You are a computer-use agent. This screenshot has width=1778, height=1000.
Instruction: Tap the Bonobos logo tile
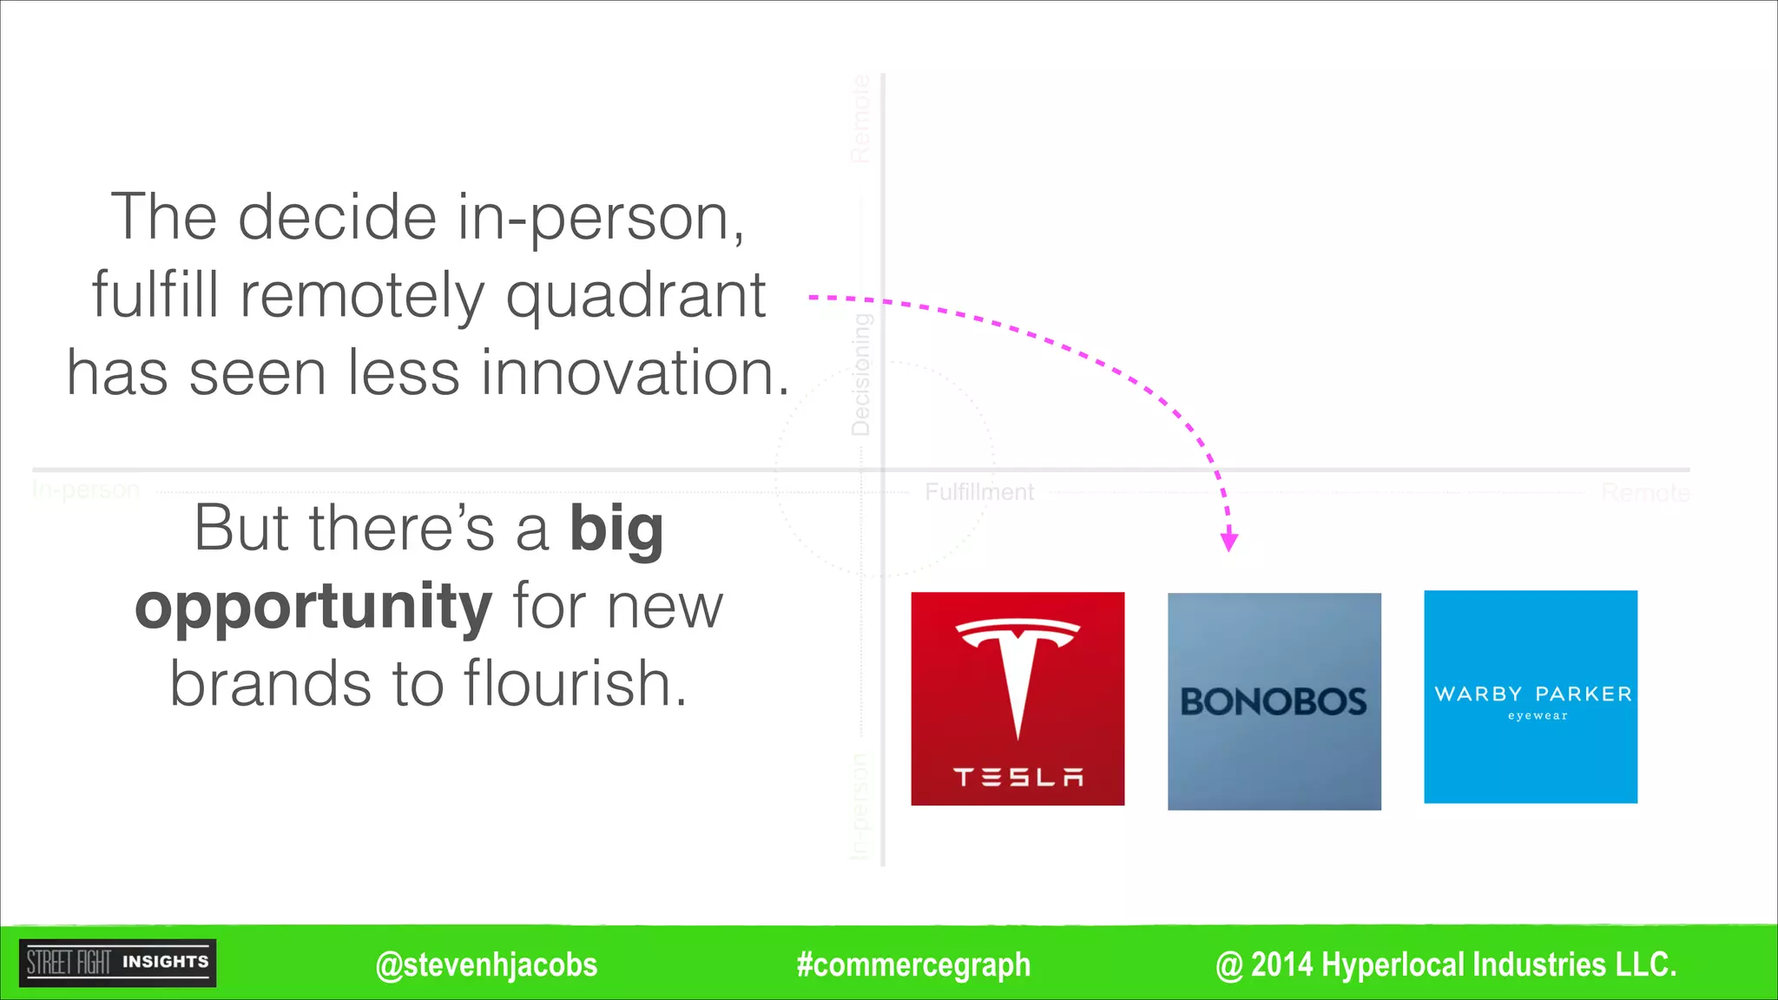coord(1274,701)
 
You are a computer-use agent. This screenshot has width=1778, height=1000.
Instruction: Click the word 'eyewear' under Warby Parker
coord(1538,716)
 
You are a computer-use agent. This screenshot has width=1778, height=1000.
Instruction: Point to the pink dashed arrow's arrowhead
coord(1228,542)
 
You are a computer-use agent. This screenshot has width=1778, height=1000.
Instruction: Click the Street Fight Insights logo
coord(118,963)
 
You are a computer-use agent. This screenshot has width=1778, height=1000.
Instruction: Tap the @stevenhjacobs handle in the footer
coord(486,964)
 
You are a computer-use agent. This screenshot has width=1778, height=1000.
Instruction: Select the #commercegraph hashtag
coord(913,964)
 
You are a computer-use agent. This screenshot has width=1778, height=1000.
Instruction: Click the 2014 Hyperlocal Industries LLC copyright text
coord(1445,964)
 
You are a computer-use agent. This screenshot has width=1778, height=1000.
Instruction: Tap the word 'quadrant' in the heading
coord(635,295)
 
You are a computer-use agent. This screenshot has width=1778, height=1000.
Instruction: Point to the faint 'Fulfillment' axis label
coord(979,492)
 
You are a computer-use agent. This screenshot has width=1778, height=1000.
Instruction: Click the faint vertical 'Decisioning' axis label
coord(860,375)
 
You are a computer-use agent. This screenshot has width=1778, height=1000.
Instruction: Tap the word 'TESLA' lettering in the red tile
coord(1017,777)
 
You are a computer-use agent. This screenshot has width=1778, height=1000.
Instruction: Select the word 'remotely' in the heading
coord(362,295)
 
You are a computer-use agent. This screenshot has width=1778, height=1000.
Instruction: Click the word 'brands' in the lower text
coord(270,683)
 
